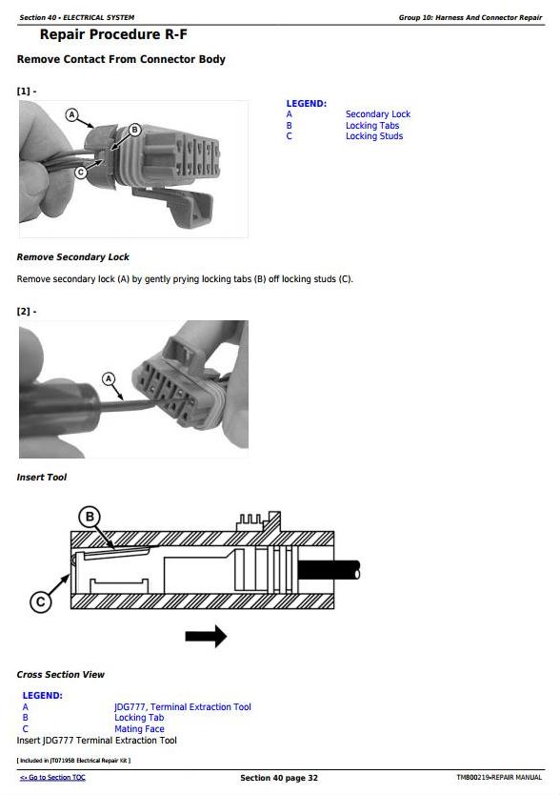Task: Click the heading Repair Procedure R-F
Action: click(x=113, y=34)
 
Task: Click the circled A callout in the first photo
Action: click(x=72, y=114)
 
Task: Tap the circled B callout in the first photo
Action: click(x=134, y=130)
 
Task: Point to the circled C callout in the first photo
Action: click(x=81, y=173)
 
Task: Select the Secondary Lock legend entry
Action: click(x=377, y=114)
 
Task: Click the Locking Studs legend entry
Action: click(x=374, y=136)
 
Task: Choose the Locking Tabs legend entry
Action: click(x=372, y=125)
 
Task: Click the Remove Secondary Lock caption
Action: click(x=73, y=257)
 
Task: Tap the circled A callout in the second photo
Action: click(x=109, y=378)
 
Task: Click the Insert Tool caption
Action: click(x=42, y=478)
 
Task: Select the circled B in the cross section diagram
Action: click(x=90, y=517)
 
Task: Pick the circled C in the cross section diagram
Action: click(x=41, y=601)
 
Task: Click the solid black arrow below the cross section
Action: click(x=206, y=637)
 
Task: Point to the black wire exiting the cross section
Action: click(x=329, y=570)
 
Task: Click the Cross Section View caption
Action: click(x=60, y=674)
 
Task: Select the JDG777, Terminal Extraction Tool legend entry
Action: click(x=183, y=706)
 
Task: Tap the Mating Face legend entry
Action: click(x=139, y=728)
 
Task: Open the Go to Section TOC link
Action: click(x=52, y=777)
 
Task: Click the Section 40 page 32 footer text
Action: click(x=279, y=778)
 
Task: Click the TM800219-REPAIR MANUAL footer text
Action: click(x=499, y=777)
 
